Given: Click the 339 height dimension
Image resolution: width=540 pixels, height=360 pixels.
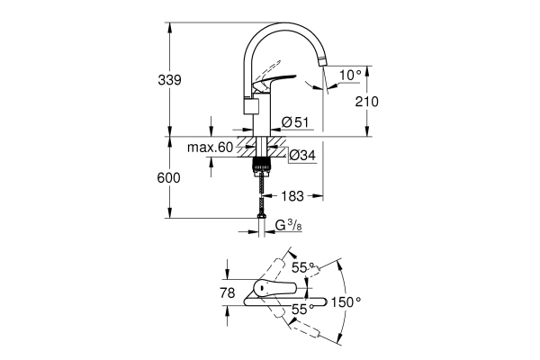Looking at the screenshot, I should (170, 80).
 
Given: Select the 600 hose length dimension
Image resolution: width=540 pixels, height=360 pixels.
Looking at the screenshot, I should (169, 177).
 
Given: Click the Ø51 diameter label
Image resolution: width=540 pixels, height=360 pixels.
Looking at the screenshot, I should (295, 121).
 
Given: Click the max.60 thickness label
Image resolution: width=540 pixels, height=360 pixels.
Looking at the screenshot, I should (210, 147).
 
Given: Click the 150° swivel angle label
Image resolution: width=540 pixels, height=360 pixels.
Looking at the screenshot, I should (346, 302).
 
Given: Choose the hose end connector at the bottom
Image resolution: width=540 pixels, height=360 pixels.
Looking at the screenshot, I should (261, 216).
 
